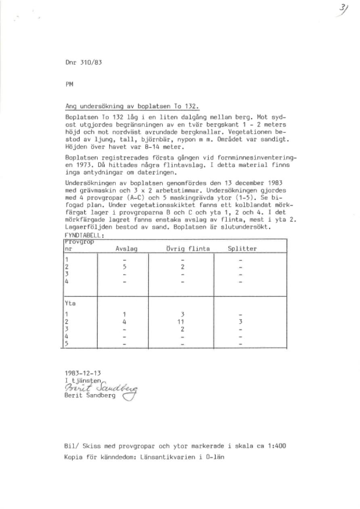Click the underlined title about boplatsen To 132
[132, 107]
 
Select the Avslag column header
[126, 249]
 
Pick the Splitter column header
[242, 249]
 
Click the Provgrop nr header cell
[79, 245]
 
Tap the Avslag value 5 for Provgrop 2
[125, 267]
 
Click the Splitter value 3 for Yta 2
[240, 322]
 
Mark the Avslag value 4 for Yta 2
[125, 322]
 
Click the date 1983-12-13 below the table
[80, 373]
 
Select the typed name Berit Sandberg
[90, 396]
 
